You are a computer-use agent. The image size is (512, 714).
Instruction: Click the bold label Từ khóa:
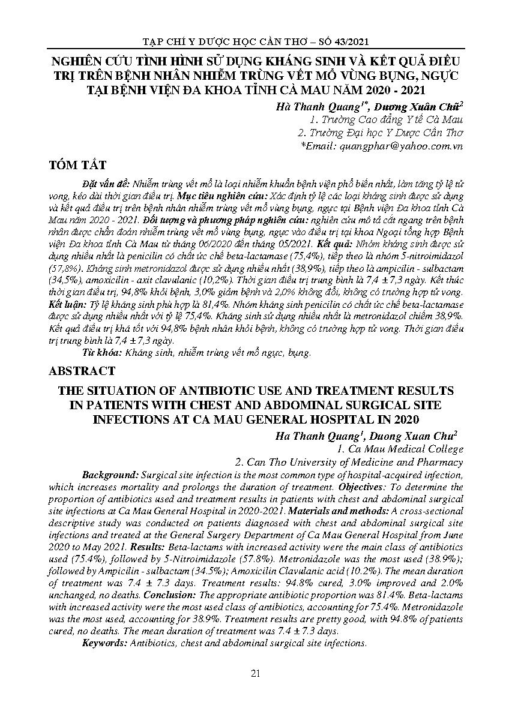tap(100, 353)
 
